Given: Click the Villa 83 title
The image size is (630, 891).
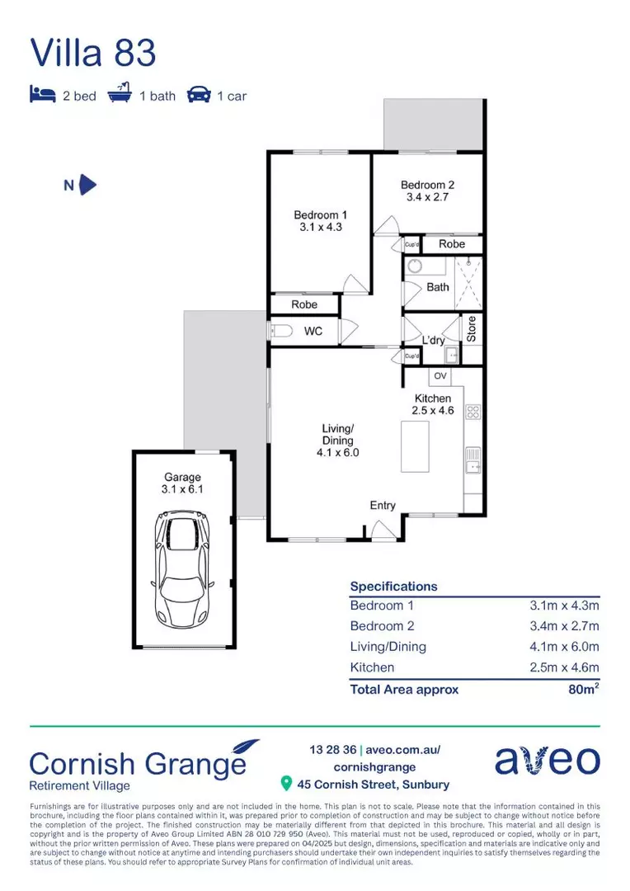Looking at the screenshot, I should (x=92, y=52).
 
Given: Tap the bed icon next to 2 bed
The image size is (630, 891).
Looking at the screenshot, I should (x=42, y=95).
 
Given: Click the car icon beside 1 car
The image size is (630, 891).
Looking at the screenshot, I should (x=198, y=95).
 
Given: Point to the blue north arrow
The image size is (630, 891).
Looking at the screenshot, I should (x=87, y=185).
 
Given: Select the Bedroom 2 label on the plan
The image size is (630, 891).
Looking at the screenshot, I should (x=427, y=191).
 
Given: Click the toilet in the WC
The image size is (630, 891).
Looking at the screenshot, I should (x=281, y=332).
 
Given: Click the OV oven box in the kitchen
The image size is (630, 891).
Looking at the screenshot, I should (x=440, y=376).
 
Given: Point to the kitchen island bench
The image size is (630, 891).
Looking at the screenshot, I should (x=416, y=445).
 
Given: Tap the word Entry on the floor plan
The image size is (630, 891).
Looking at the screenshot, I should (x=383, y=506).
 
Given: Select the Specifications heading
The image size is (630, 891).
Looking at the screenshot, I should (x=393, y=587).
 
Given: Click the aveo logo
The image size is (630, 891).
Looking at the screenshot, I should (x=547, y=760).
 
